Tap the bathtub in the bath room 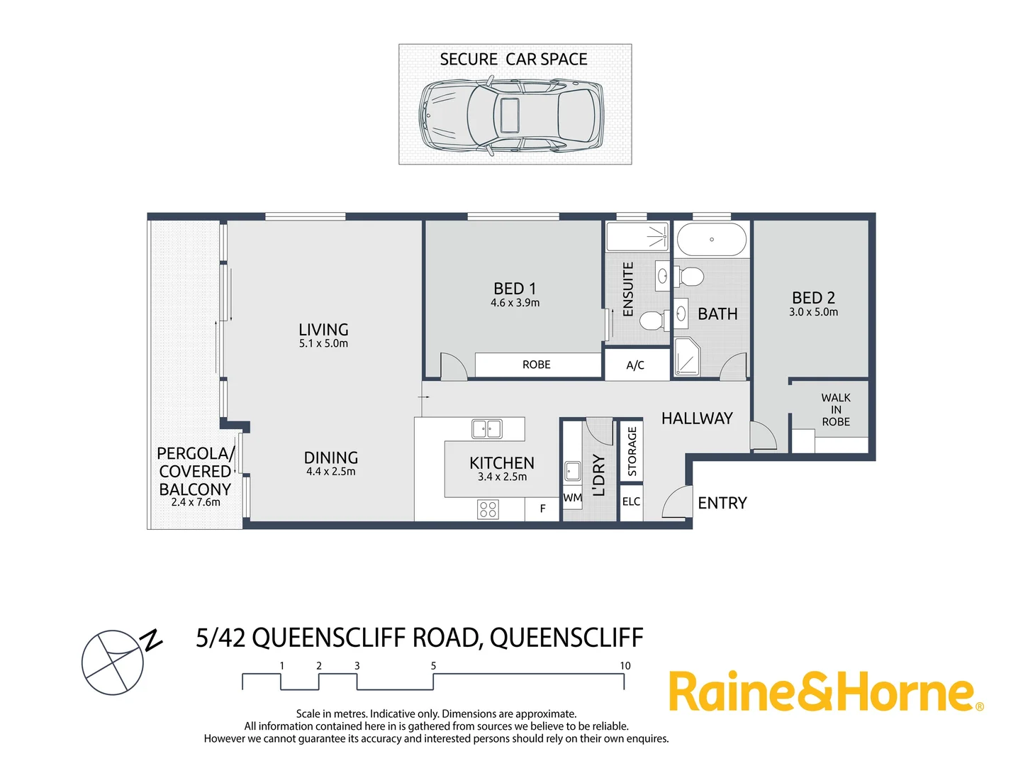coord(711,240)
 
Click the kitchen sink coord(486,428)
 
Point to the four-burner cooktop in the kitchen coord(488,509)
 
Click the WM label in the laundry coord(572,498)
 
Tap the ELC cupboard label coord(631,501)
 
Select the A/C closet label coord(635,365)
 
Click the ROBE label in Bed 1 coord(536,365)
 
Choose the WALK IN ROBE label coord(836,410)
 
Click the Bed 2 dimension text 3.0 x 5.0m coord(813,312)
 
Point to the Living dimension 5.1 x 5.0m coord(323,343)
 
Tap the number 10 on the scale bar coord(625,666)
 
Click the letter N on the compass coord(152,640)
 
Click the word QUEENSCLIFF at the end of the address coord(566,638)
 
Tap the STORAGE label coord(632,451)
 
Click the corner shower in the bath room coord(686,357)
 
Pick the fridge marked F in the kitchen coord(542,509)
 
